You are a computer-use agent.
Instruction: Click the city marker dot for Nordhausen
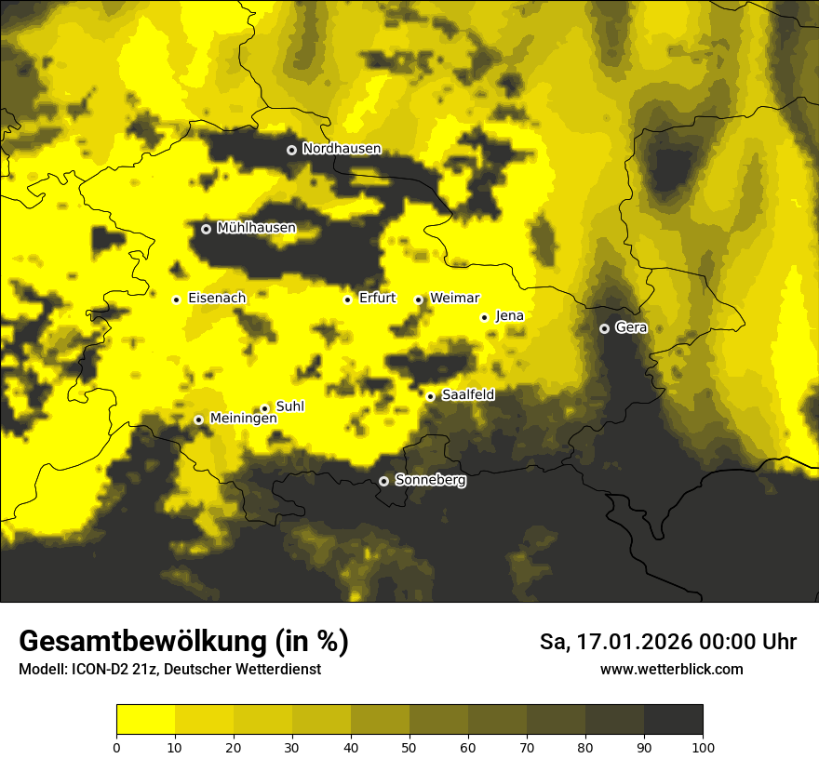tap(291, 150)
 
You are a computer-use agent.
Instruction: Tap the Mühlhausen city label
tap(256, 228)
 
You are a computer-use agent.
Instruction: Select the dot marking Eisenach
tap(176, 299)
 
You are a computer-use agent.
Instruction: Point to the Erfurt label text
tap(377, 299)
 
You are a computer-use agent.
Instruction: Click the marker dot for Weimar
tap(419, 299)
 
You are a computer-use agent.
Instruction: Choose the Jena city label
tap(510, 316)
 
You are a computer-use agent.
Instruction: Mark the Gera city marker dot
tap(604, 328)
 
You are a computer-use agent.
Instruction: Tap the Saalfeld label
tap(468, 395)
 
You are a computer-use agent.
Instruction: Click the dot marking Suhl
tap(264, 408)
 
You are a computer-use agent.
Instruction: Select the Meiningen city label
tap(243, 419)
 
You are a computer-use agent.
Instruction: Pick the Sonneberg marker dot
tap(383, 482)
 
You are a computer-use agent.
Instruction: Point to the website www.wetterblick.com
tap(671, 669)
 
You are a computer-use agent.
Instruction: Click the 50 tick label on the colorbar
tap(409, 748)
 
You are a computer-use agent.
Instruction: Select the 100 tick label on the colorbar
tap(703, 748)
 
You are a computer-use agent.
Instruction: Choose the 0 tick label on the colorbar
tap(116, 748)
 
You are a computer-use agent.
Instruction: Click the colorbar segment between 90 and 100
tap(673, 720)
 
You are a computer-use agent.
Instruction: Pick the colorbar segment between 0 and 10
tap(145, 720)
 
